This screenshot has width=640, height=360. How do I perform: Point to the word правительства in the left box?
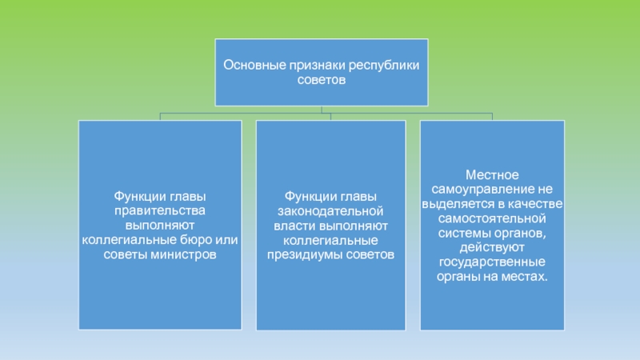coord(159,210)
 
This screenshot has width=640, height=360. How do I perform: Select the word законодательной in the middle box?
coord(331,210)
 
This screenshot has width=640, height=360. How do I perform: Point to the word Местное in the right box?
coord(492,174)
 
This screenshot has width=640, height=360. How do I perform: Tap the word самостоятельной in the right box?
coord(491,218)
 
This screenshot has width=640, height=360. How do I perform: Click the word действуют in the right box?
coord(492,247)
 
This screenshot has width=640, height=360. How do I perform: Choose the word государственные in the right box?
coord(492,262)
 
